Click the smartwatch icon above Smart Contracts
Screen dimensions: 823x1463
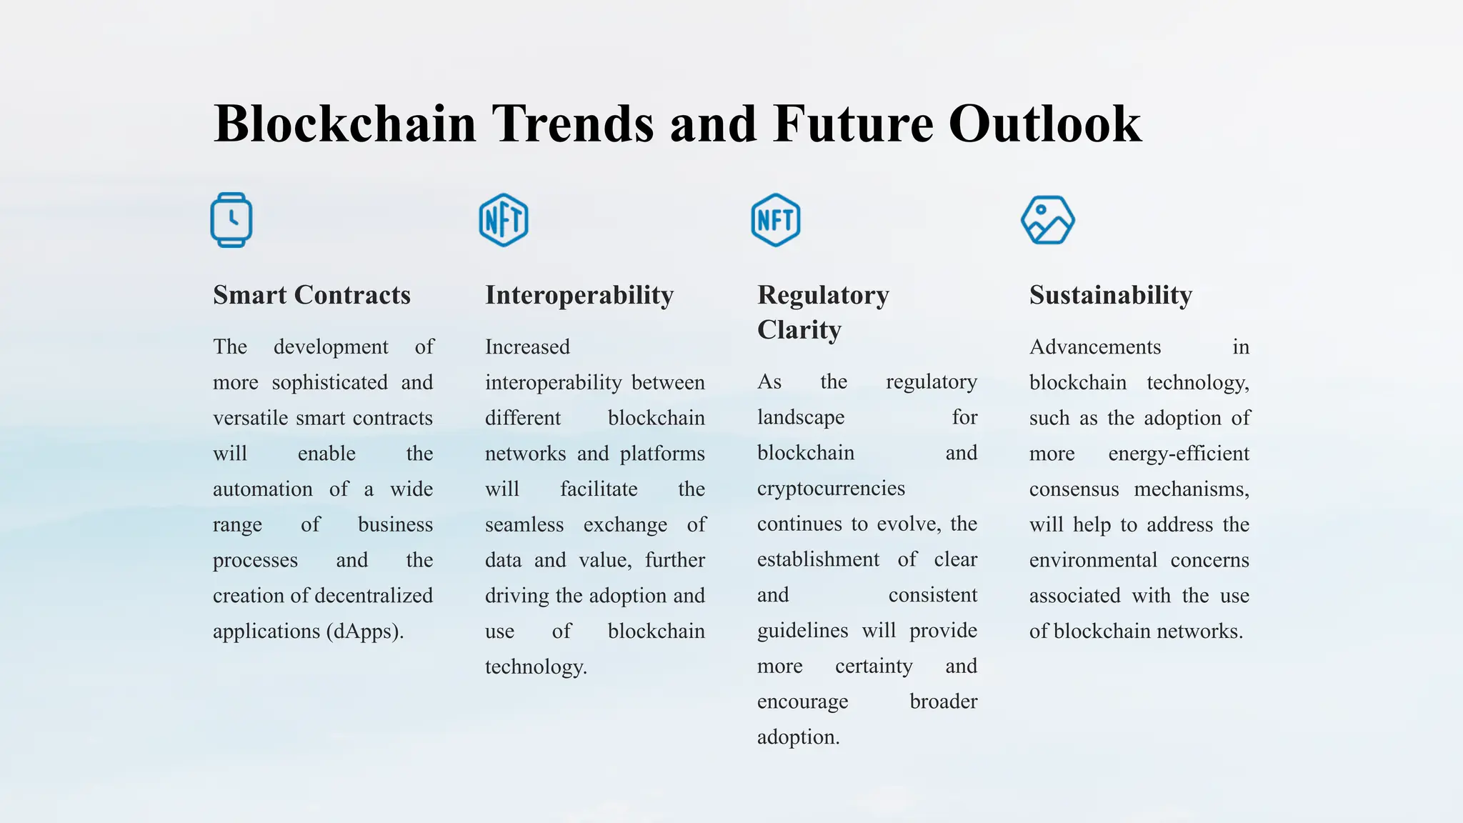231,220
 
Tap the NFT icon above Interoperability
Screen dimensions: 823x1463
504,220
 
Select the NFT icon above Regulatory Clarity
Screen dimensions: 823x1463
776,220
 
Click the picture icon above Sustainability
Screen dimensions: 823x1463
1048,220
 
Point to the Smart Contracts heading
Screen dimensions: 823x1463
311,295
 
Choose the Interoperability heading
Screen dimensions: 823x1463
579,295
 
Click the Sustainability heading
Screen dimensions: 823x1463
1111,295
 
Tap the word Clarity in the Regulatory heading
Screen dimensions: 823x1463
799,330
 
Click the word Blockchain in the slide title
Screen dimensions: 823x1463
345,124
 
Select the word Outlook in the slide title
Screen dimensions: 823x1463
1045,124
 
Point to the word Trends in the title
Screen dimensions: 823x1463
572,124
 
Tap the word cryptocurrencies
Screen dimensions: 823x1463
831,489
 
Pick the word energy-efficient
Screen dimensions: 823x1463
1179,454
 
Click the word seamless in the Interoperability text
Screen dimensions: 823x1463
524,525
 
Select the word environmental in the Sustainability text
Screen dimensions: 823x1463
1093,560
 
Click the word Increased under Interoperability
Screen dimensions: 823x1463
527,347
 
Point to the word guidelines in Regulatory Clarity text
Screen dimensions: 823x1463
803,631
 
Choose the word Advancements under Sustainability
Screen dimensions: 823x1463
1095,347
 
